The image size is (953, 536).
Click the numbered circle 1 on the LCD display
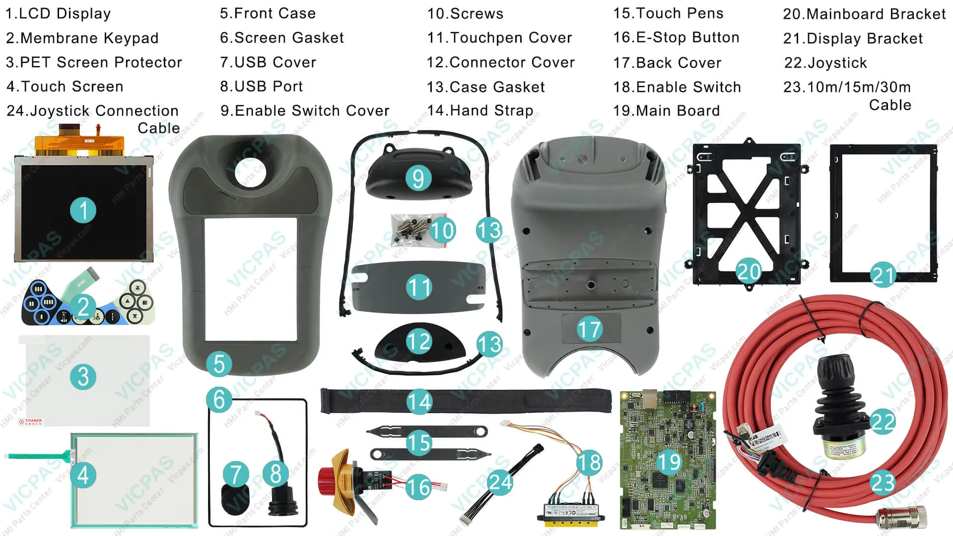pos(83,210)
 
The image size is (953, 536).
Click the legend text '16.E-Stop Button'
pos(676,38)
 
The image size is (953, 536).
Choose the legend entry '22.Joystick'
pos(825,63)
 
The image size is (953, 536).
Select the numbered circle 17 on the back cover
pos(589,330)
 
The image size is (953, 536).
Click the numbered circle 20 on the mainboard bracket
pos(749,271)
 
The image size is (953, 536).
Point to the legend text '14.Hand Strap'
pos(480,111)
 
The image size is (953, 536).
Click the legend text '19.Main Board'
pos(666,111)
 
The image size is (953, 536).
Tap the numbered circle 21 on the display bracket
pos(883,275)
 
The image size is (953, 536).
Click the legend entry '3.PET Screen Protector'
pos(94,63)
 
